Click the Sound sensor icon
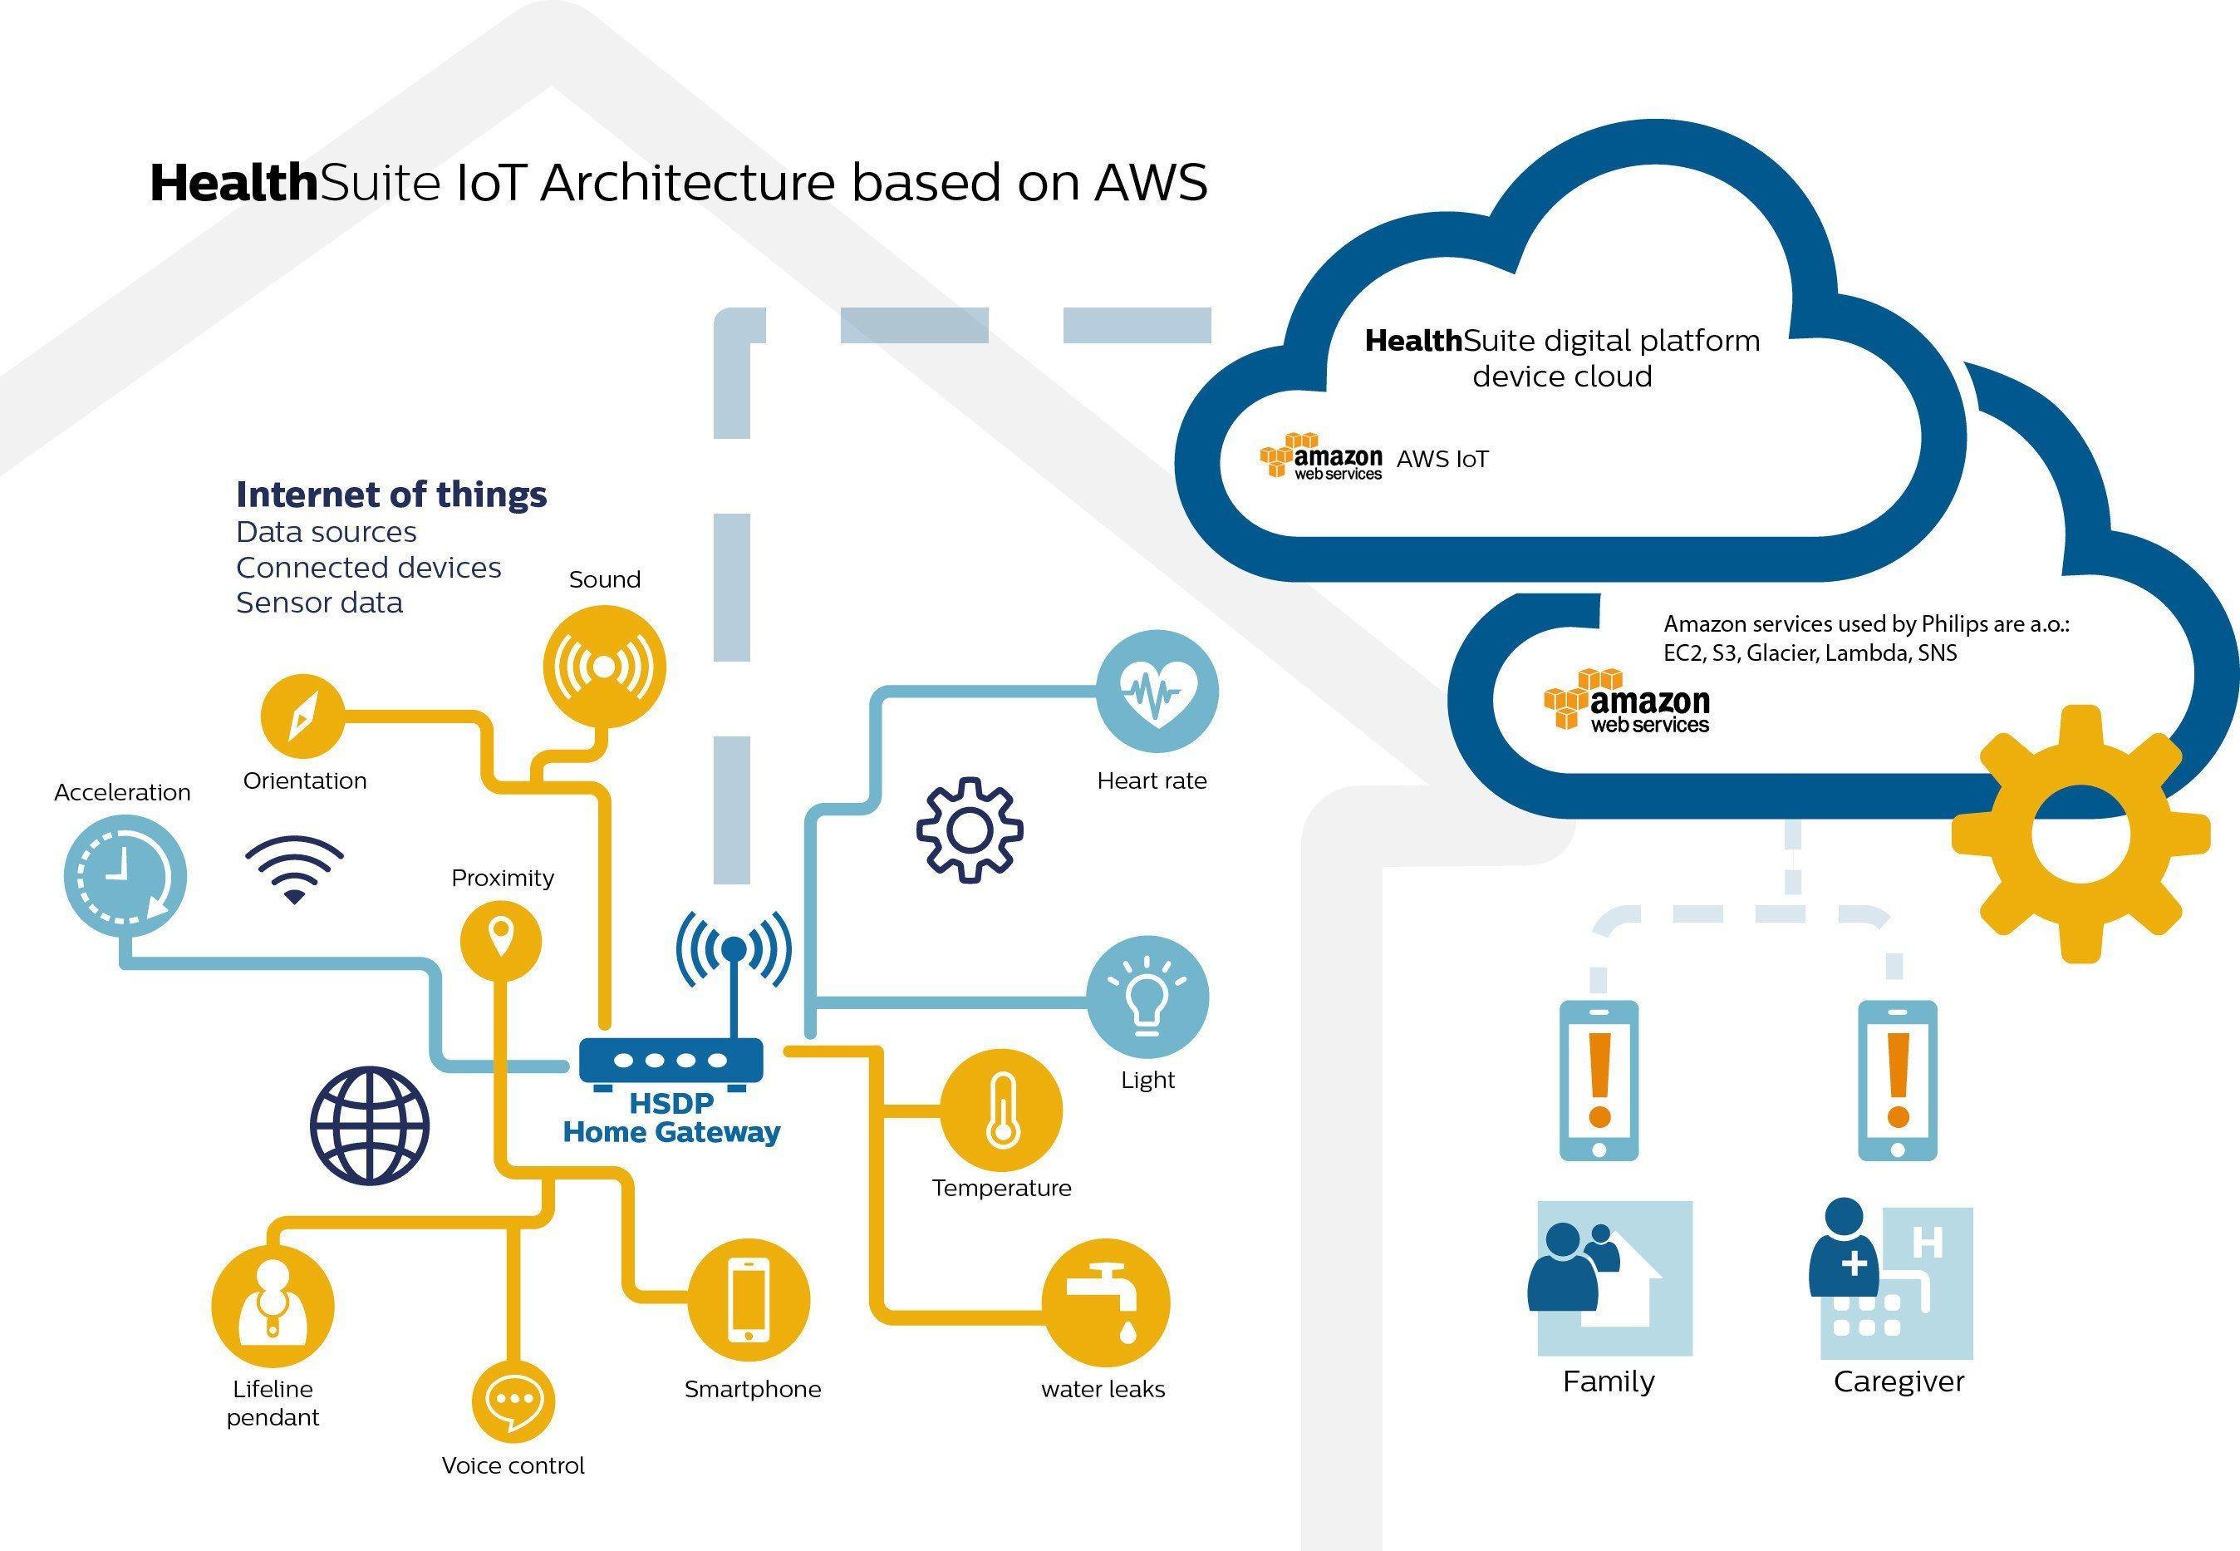604,667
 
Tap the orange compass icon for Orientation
302,716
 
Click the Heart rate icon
1156,691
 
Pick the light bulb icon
1147,997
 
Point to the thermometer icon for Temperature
1001,1110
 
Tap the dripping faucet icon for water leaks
1105,1303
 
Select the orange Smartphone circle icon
748,1299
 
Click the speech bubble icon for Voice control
513,1401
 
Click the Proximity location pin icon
500,941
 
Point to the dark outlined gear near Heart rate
970,829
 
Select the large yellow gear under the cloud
2080,835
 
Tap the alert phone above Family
1598,1080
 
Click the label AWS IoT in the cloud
1442,460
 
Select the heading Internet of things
391,495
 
